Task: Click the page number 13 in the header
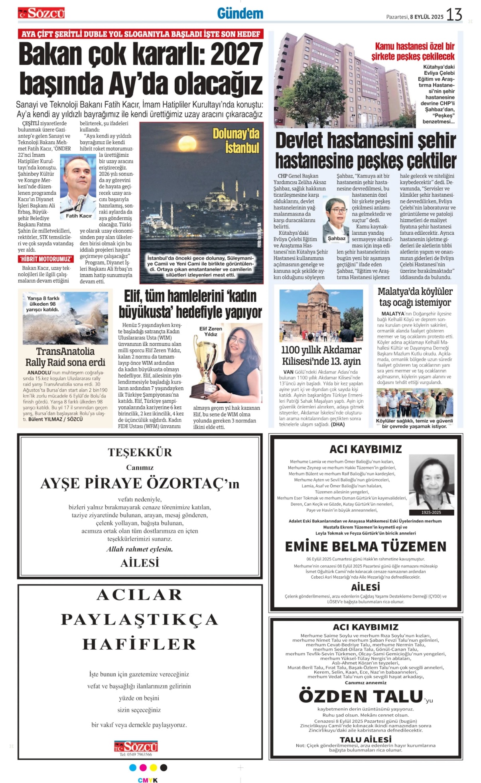454,15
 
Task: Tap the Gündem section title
240,14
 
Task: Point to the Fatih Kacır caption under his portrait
79,216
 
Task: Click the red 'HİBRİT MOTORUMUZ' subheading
45,259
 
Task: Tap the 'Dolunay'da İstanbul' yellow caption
236,140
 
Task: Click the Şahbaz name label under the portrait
337,239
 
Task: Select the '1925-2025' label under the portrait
431,512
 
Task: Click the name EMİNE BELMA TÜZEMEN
365,546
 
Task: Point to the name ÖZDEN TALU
361,696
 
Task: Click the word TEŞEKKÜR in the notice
140,452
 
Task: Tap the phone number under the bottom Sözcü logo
136,754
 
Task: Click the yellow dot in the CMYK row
153,767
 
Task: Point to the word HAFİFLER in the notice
140,645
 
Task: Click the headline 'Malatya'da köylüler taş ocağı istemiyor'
415,297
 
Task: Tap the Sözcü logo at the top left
41,13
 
